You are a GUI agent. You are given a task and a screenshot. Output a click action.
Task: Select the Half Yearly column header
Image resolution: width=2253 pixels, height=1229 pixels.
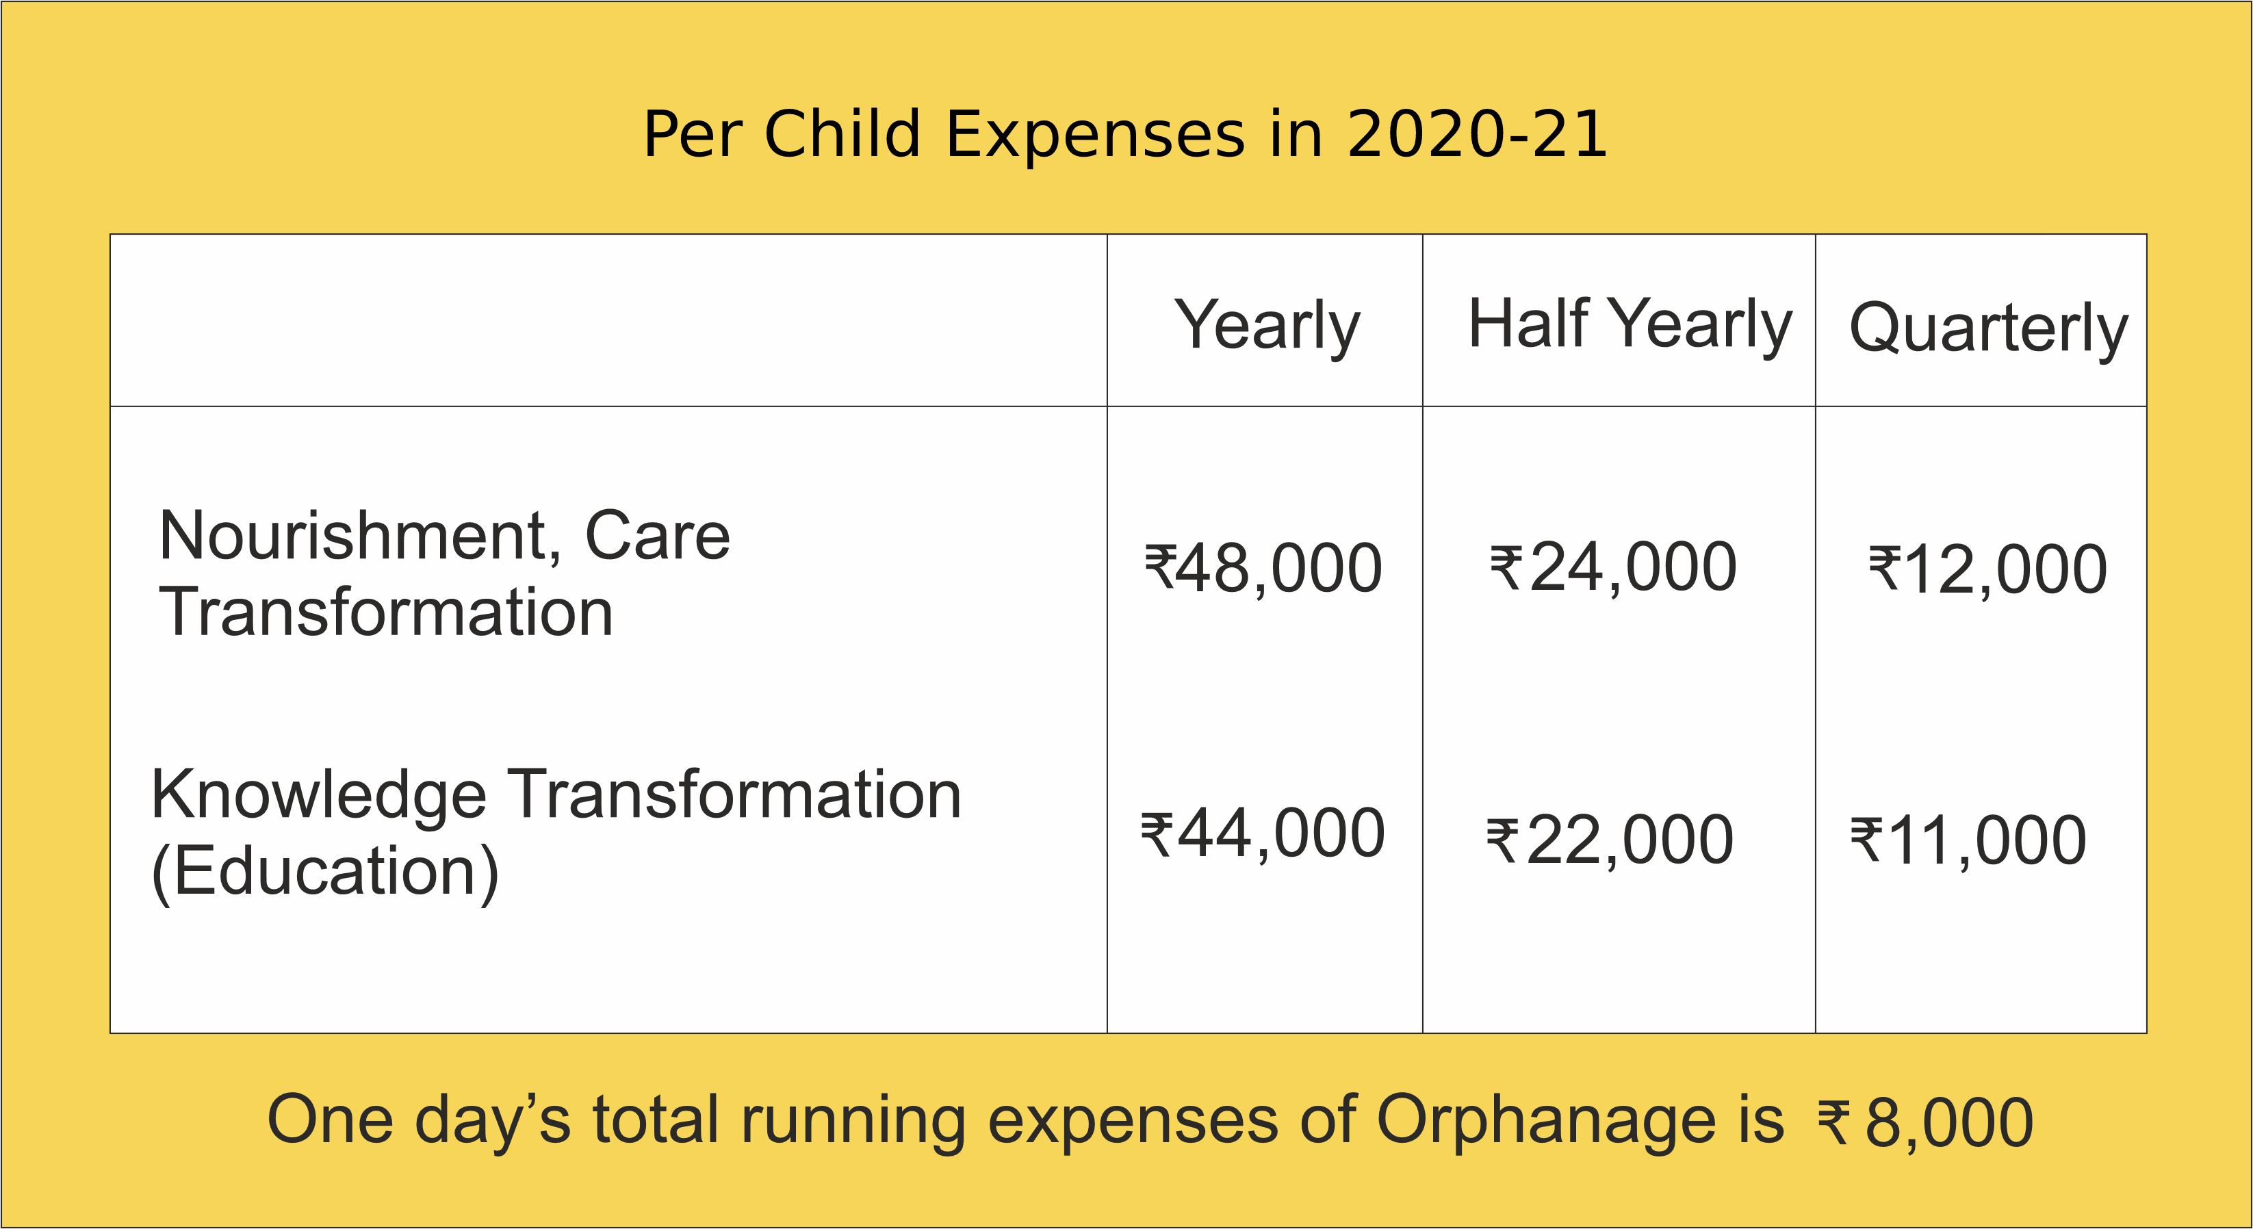(x=1630, y=324)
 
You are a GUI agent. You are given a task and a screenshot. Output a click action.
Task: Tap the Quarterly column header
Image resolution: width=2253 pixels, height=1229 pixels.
(x=1988, y=328)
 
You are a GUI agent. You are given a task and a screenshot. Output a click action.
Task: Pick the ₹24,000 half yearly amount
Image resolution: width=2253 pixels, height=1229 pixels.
(x=1613, y=568)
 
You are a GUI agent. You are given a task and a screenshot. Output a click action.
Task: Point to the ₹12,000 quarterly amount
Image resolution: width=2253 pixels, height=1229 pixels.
(x=1988, y=570)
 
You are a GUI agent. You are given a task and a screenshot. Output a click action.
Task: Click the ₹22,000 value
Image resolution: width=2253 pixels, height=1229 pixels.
(x=1609, y=840)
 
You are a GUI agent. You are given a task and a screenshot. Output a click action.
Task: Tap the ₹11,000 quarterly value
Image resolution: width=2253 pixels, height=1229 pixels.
(x=1968, y=840)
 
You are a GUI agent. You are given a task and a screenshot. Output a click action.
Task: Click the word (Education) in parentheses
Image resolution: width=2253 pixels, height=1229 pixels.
(x=324, y=872)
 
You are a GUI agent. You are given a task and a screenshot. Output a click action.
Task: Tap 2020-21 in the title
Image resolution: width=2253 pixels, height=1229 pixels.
(x=1477, y=135)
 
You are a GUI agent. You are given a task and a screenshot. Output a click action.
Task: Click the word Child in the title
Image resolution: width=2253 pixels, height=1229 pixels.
(x=842, y=135)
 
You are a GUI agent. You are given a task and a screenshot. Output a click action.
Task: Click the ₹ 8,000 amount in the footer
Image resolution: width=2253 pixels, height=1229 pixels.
(x=1926, y=1122)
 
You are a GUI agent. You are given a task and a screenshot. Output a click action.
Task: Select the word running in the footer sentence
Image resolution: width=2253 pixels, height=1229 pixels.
(x=853, y=1122)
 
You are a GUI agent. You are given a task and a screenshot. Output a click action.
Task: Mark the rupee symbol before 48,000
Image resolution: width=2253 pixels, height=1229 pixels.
(x=1160, y=566)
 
